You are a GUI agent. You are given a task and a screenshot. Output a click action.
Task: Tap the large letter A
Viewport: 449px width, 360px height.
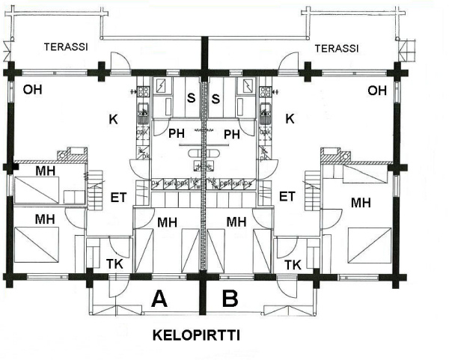coord(159,299)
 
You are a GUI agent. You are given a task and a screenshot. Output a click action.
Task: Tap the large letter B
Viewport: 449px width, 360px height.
coord(230,299)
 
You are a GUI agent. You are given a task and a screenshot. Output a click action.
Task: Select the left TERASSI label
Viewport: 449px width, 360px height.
coord(66,46)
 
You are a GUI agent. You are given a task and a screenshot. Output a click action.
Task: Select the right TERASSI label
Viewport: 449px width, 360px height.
coord(337,48)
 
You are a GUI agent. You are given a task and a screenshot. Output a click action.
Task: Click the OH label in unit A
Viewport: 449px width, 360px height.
coord(32,90)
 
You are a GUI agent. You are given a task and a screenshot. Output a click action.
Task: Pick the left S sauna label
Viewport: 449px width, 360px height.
coord(192,98)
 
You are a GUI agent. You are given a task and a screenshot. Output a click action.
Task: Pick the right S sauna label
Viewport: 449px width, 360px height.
coord(216,98)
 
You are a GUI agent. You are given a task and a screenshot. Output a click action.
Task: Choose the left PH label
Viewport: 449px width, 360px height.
coord(176,135)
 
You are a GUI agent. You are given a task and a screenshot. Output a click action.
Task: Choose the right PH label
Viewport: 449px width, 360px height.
coord(232,135)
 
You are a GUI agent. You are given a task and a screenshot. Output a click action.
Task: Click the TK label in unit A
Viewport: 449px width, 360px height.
coord(114,264)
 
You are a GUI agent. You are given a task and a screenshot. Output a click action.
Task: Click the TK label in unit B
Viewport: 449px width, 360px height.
coord(293,264)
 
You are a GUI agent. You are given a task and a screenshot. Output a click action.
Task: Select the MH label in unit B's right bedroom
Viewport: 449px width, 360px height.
coord(363,201)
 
